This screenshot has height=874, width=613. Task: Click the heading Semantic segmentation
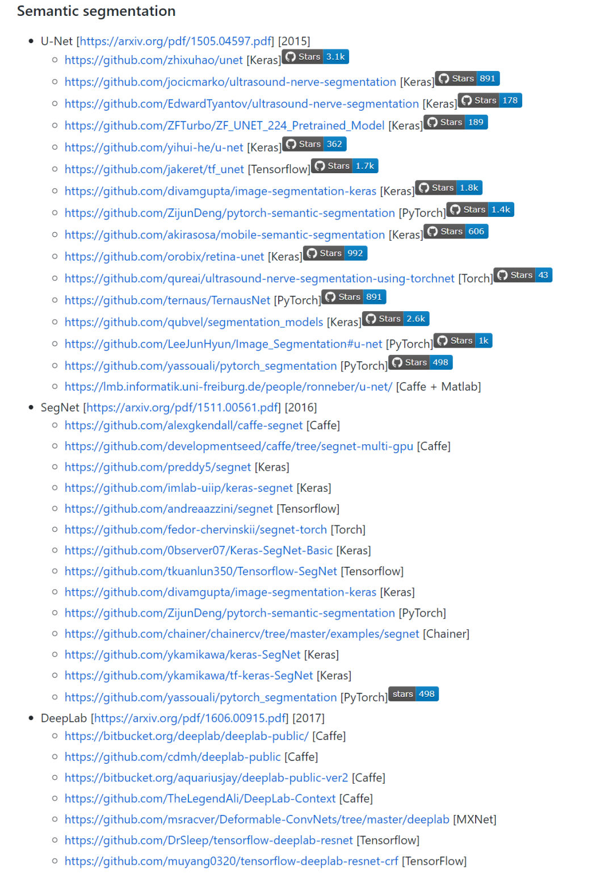pos(96,11)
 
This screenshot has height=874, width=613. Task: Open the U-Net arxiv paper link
pos(175,41)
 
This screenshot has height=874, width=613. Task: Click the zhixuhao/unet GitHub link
pos(153,60)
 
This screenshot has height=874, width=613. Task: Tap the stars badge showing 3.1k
pos(316,57)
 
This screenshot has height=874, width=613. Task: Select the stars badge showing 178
pos(490,101)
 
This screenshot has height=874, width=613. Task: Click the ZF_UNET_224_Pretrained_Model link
pos(224,126)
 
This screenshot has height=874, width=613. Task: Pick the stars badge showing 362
pos(314,144)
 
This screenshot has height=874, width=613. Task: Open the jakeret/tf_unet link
pos(154,169)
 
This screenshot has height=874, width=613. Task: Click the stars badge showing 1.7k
pos(345,166)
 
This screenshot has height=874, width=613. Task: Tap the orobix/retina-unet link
pos(164,257)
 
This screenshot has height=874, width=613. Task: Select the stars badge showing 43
pos(523,275)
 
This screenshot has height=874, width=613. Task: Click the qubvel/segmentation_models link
pos(194,323)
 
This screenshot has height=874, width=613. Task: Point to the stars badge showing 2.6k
pos(396,319)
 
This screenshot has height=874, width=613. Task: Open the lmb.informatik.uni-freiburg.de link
pos(228,387)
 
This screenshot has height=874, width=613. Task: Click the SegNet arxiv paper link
pos(182,408)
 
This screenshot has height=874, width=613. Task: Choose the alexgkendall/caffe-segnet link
pos(183,425)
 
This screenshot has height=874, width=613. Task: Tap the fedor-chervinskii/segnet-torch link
pos(196,530)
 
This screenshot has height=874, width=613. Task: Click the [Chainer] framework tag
pos(446,634)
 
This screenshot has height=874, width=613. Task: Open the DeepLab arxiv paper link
pos(190,718)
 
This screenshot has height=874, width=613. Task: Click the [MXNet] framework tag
pos(475,819)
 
